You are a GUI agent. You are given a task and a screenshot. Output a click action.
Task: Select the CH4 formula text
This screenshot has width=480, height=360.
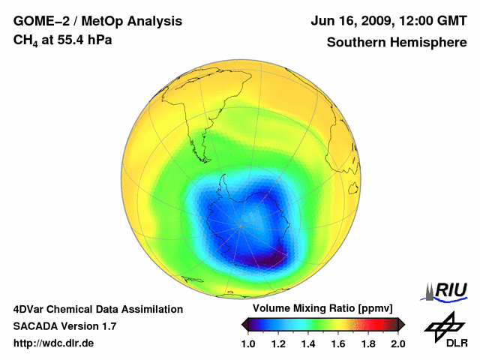pos(27,40)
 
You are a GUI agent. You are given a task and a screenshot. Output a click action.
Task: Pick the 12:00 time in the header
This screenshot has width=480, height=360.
pos(413,21)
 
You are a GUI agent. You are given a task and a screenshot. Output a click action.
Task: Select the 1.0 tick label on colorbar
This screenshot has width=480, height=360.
pos(249,343)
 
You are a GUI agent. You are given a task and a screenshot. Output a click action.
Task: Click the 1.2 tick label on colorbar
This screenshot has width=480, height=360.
pos(279,343)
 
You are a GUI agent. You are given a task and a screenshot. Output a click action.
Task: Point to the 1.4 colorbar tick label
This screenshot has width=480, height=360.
pos(308,343)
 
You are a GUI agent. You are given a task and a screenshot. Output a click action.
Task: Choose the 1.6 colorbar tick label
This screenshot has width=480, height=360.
pos(338,343)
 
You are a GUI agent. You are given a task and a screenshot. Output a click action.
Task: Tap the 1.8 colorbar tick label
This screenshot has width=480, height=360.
pos(368,343)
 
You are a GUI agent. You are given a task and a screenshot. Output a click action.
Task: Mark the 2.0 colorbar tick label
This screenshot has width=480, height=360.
pos(397,343)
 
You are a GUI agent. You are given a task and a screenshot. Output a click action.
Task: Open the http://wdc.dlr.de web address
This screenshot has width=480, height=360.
pos(54,343)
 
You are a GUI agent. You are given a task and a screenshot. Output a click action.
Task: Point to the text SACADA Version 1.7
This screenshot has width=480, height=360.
pos(64,326)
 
